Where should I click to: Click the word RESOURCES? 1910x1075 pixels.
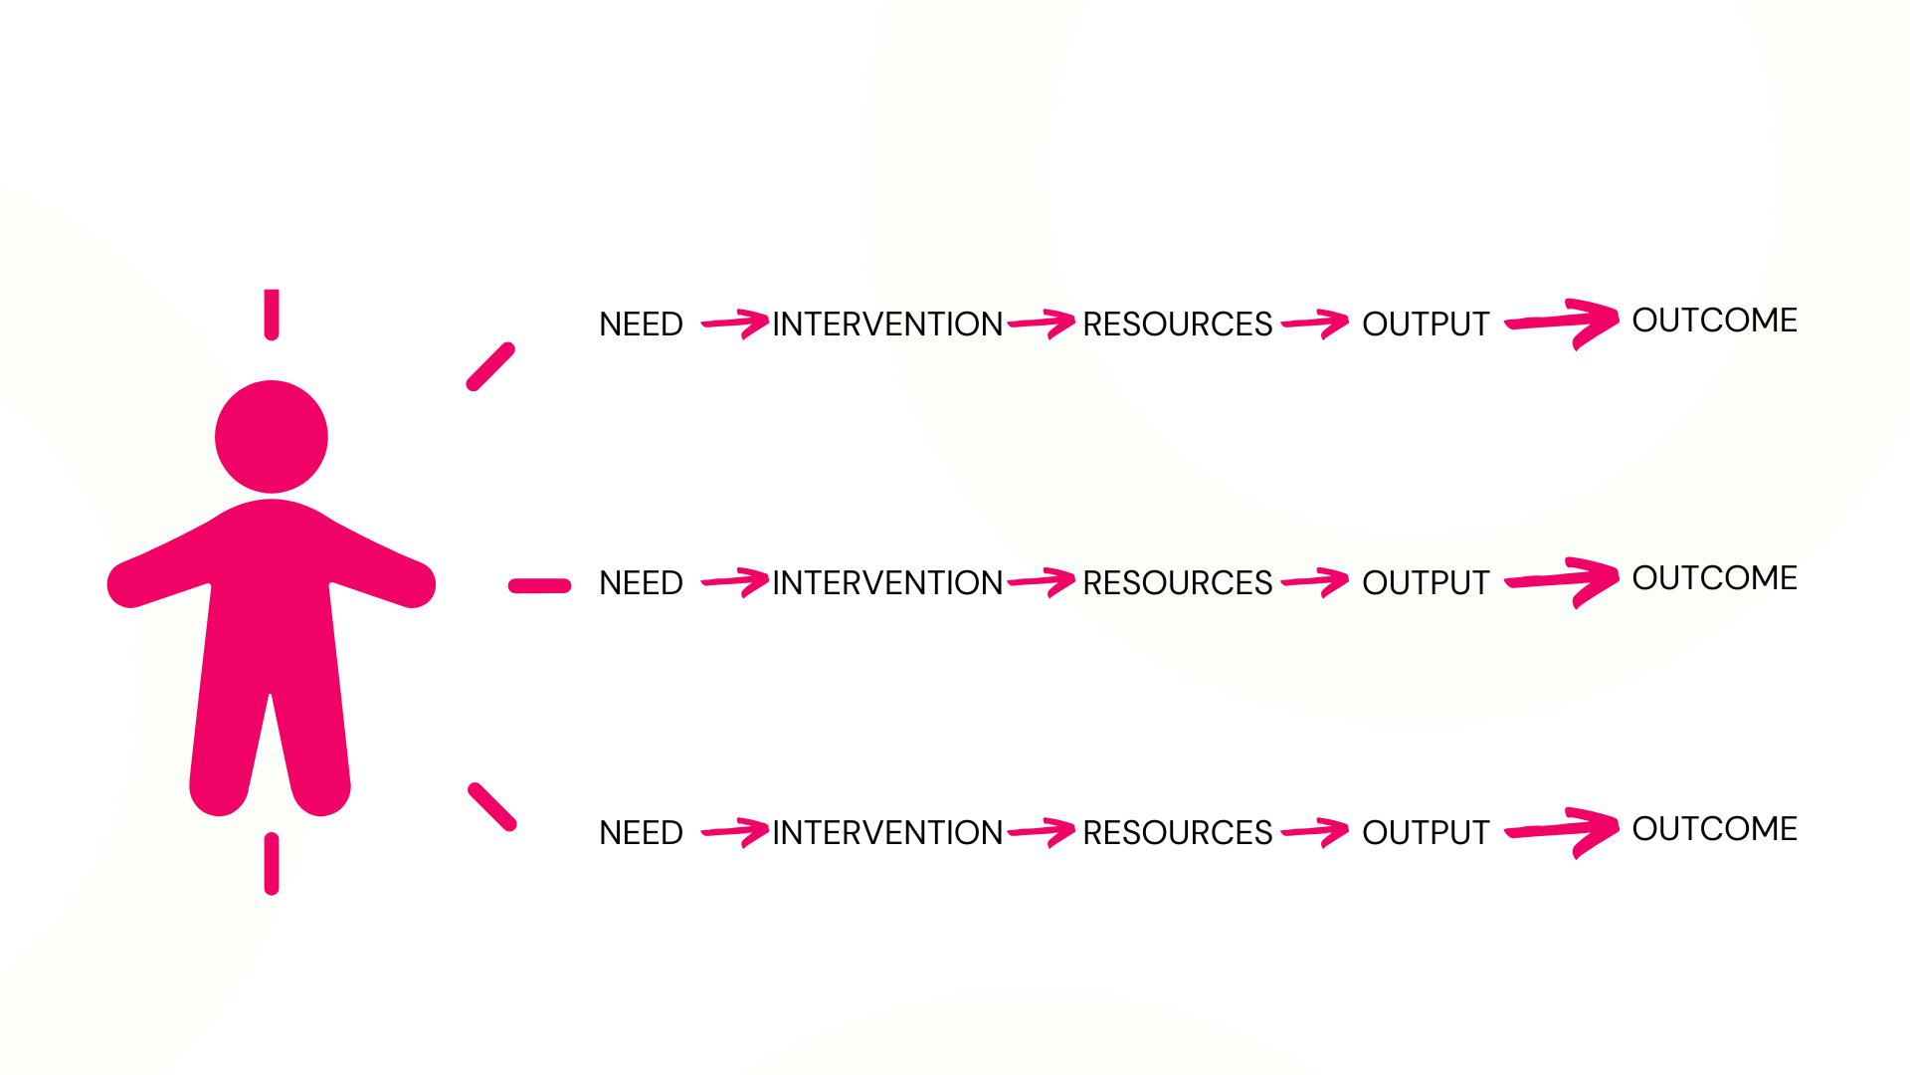coord(1177,582)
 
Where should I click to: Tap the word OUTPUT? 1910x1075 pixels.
coord(1426,582)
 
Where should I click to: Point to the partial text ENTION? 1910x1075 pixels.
coord(943,323)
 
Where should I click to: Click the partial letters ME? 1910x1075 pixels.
coord(1774,321)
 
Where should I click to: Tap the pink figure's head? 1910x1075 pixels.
coord(272,436)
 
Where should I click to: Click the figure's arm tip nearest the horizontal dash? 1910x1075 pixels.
coord(415,585)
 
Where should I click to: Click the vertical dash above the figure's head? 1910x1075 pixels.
coord(272,314)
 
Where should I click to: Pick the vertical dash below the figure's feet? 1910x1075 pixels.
coord(272,863)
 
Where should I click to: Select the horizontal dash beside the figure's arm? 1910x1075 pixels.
coord(539,586)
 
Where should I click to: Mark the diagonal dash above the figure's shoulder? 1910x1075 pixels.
coord(490,367)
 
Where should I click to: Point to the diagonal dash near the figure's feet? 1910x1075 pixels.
coord(492,807)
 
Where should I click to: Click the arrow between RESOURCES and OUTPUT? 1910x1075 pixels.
coord(1316,581)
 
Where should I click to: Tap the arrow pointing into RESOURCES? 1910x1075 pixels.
coord(1043,581)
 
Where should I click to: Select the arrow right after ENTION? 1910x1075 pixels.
coord(1043,323)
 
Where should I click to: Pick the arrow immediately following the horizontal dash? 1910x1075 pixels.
coord(736,581)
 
